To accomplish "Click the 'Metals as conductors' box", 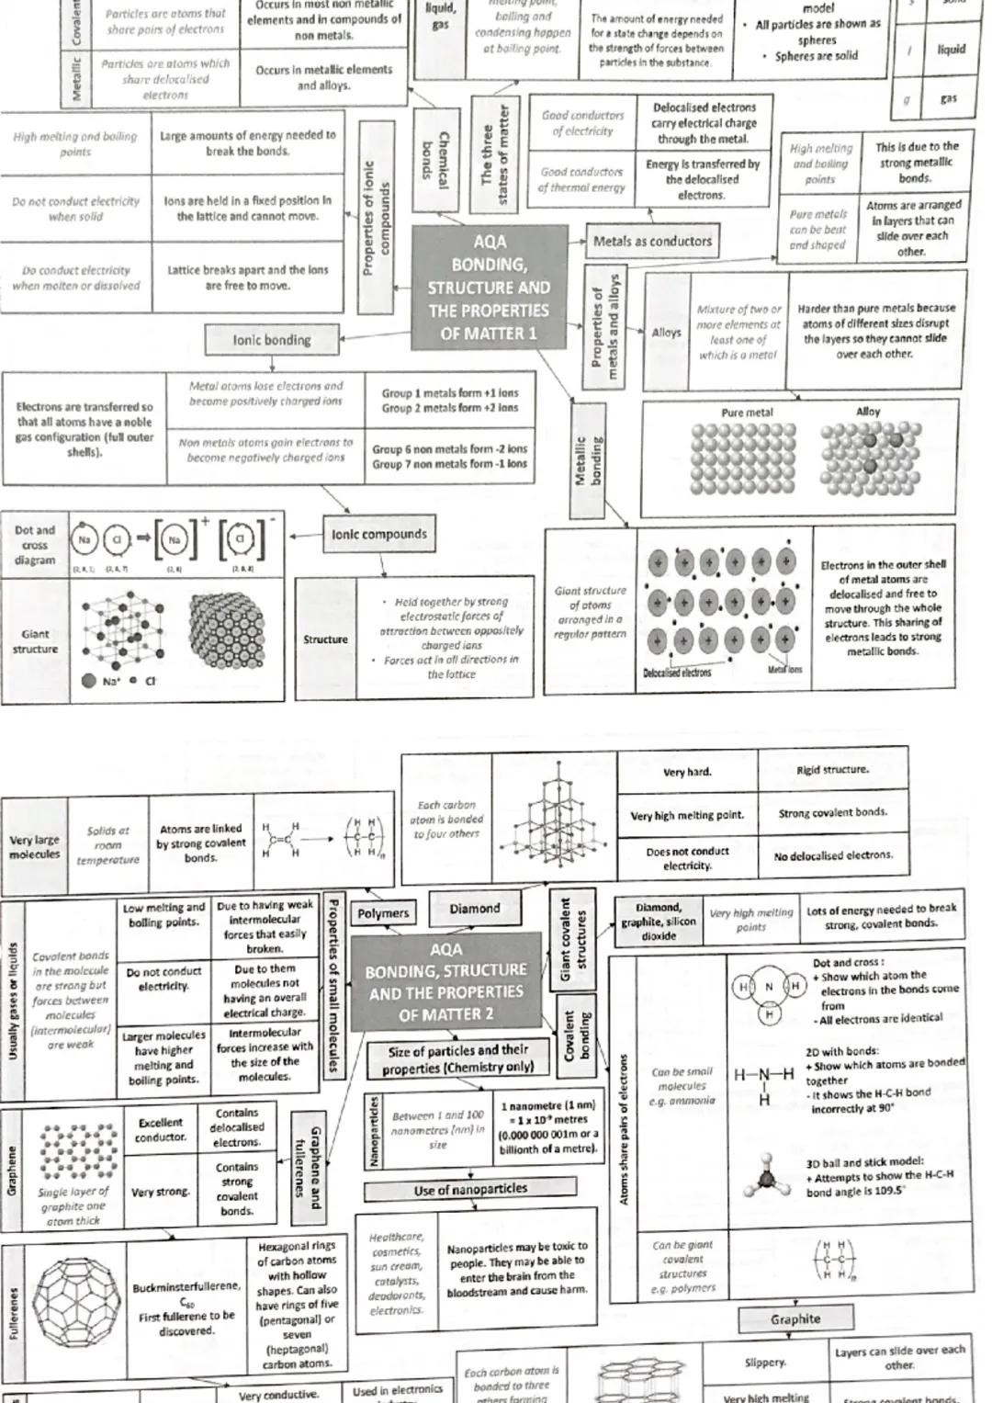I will tap(652, 242).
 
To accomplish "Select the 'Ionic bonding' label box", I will tap(272, 340).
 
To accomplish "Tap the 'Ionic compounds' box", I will tap(378, 534).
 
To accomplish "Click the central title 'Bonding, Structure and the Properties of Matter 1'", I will tap(489, 287).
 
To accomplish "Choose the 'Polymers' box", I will tap(383, 913).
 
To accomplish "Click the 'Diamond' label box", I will tap(475, 909).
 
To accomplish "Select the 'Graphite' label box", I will tap(795, 1319).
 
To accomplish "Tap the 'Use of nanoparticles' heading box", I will tap(470, 1190).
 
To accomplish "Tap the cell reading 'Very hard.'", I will tap(687, 773).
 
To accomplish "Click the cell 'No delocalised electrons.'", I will tap(832, 855).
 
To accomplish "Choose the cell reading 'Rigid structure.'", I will tap(832, 770).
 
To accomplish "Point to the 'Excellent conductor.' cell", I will tap(161, 1130).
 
